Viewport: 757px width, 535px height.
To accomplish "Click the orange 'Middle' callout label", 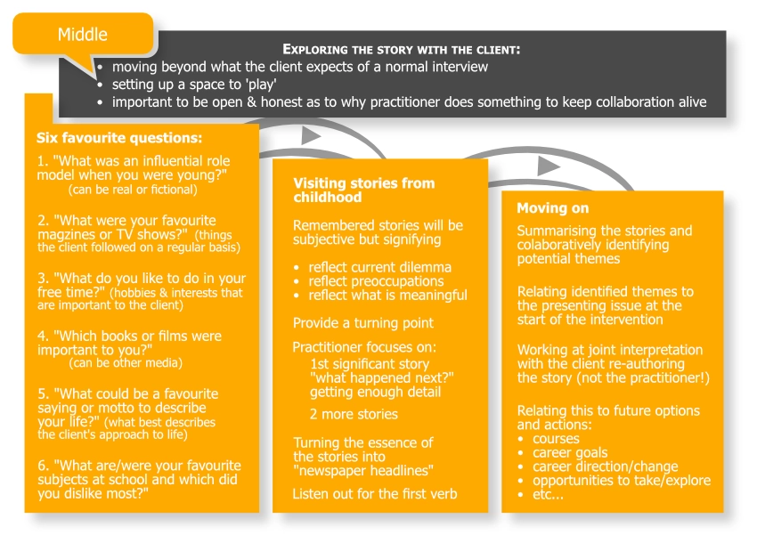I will coord(83,35).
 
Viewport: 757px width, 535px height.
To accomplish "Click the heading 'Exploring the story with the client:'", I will coord(401,50).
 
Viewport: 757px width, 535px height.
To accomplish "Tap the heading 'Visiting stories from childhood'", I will coord(363,190).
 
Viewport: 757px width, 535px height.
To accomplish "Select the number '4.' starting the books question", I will coord(43,336).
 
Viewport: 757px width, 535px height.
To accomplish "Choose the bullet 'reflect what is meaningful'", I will coord(387,296).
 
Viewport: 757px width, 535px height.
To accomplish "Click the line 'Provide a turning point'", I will coord(363,323).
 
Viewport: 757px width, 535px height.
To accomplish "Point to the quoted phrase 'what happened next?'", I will coord(381,378).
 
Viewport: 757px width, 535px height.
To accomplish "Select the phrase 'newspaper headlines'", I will coord(363,471).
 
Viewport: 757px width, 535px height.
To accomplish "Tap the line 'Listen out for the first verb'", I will coord(374,493).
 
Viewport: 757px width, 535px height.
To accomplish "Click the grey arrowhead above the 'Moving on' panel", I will coord(549,166).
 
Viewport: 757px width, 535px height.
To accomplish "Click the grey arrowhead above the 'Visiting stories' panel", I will coord(311,136).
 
